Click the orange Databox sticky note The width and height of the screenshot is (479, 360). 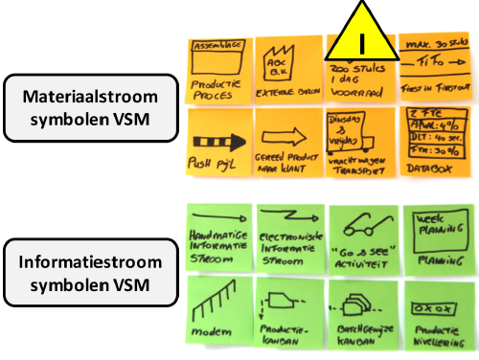point(437,144)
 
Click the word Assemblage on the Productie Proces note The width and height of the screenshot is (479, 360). point(217,46)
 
